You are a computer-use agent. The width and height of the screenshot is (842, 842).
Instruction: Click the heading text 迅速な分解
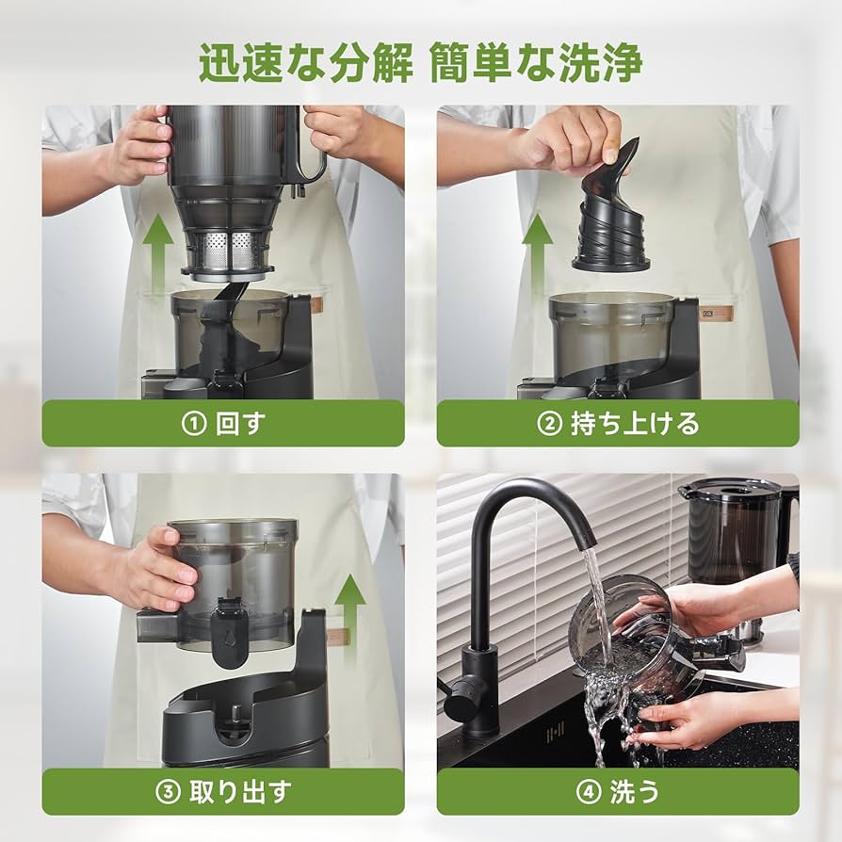[305, 63]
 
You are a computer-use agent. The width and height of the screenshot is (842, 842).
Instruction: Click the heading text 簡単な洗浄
[535, 63]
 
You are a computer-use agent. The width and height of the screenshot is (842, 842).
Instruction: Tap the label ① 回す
[223, 424]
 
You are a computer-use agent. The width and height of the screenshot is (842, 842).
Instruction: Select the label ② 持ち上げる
[618, 424]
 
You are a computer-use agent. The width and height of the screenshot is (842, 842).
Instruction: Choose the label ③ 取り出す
[223, 792]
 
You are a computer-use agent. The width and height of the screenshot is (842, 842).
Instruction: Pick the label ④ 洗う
[618, 792]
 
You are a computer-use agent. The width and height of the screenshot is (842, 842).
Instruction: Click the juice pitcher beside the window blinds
[735, 537]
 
